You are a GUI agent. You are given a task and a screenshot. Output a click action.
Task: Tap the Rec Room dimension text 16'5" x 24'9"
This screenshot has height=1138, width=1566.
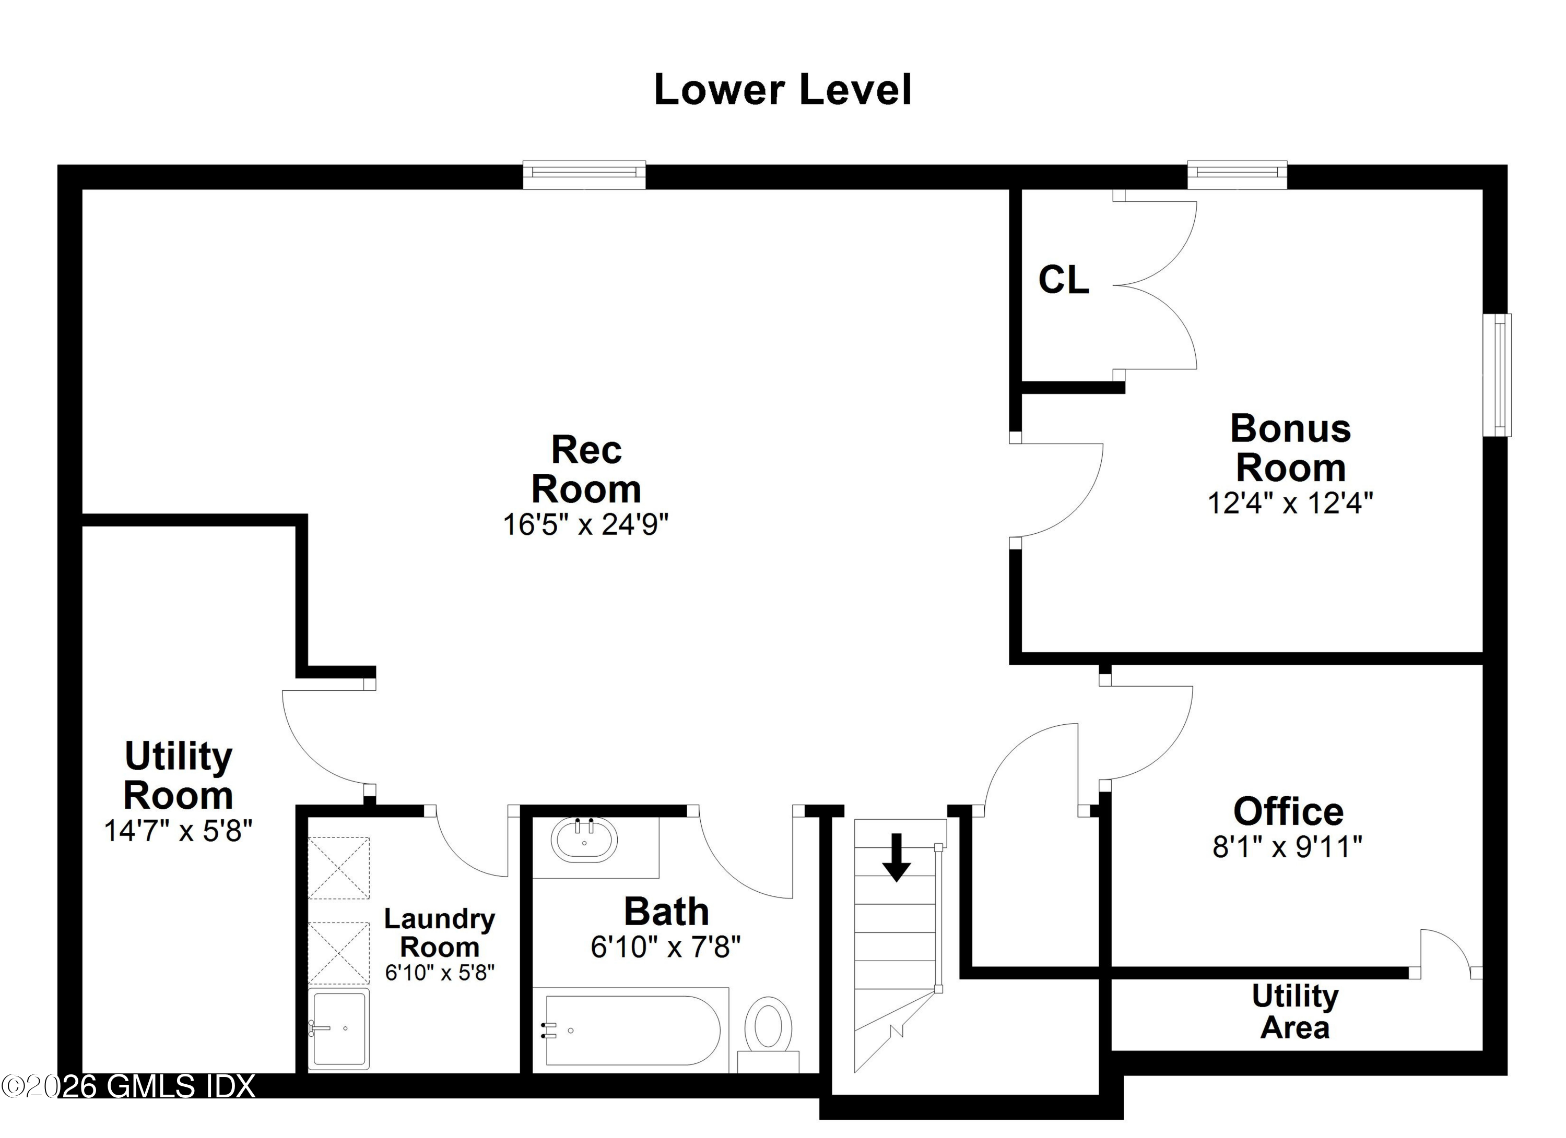click(585, 524)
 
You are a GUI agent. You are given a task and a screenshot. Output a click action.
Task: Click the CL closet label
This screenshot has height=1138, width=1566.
click(1063, 280)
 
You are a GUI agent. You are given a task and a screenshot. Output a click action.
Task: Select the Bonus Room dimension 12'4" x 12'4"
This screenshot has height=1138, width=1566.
click(1290, 503)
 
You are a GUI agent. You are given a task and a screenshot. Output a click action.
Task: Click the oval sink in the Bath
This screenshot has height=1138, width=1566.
click(584, 840)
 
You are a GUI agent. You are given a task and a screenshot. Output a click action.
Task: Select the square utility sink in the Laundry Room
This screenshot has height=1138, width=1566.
click(338, 1028)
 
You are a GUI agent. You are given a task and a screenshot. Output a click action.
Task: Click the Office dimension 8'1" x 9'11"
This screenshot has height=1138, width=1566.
click(1288, 847)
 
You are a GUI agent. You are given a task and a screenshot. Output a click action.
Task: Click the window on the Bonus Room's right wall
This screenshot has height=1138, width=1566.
click(1497, 375)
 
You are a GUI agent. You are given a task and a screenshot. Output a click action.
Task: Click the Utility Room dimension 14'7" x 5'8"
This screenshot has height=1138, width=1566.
click(178, 831)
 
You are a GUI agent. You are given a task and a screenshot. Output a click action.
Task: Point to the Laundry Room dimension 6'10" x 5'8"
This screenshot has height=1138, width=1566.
click(440, 973)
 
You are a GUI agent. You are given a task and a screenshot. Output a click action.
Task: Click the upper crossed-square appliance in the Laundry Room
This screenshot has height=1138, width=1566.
click(338, 868)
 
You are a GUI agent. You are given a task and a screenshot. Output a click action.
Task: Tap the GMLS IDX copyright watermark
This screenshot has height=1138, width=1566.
click(128, 1086)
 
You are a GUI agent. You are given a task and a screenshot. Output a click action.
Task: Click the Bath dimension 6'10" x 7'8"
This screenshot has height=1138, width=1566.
click(666, 947)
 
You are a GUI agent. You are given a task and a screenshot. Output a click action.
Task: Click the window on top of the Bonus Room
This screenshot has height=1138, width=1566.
click(1237, 174)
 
